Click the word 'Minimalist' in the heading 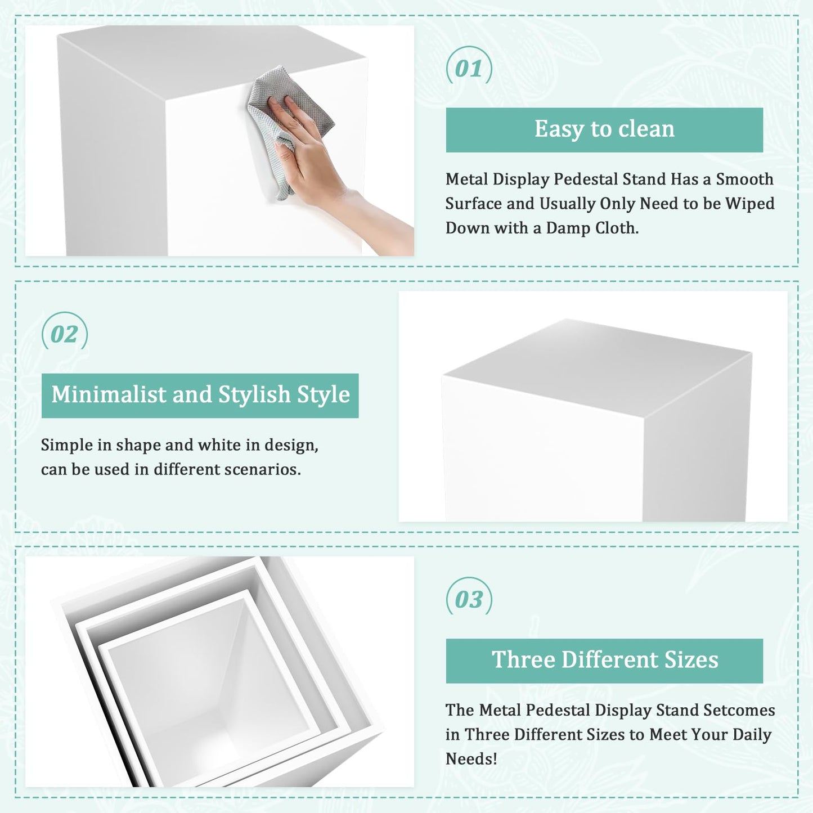109,394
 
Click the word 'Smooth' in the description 744,179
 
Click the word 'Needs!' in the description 471,759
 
